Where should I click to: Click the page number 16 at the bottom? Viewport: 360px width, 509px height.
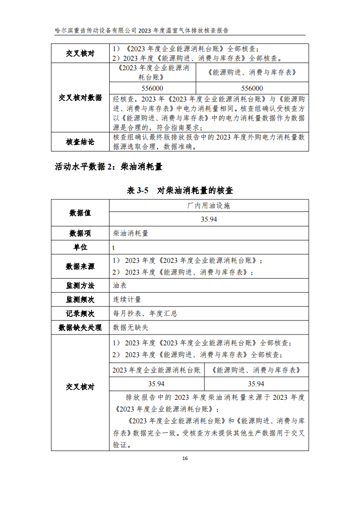[185, 458]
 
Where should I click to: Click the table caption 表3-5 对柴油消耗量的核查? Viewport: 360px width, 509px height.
[180, 191]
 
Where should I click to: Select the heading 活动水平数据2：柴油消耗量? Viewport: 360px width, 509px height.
[108, 167]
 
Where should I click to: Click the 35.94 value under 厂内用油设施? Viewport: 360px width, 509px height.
[209, 219]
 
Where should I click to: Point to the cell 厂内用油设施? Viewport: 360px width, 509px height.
[209, 206]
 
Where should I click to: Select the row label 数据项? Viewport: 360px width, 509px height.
[80, 233]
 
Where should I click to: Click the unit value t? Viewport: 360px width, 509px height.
[114, 247]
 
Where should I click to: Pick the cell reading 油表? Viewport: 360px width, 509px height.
[120, 286]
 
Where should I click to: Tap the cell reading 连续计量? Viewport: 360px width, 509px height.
[127, 300]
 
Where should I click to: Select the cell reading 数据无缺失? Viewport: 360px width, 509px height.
[131, 327]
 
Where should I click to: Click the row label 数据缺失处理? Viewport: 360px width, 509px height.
[80, 327]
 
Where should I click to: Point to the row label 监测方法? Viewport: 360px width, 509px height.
[80, 286]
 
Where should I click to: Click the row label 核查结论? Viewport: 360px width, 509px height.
[80, 142]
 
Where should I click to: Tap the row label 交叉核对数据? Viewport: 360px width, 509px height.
[80, 97]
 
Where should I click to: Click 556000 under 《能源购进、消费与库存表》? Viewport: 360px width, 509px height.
[252, 88]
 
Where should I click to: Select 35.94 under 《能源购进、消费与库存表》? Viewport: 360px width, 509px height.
[256, 384]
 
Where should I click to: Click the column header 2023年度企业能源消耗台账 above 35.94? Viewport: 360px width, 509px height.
[156, 370]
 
